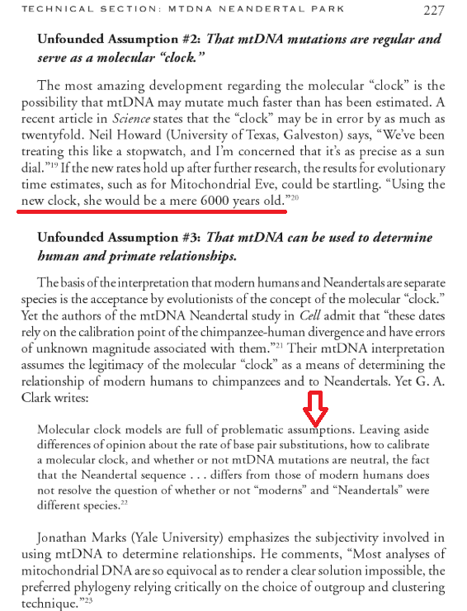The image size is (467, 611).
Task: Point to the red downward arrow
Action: pyautogui.click(x=315, y=410)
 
